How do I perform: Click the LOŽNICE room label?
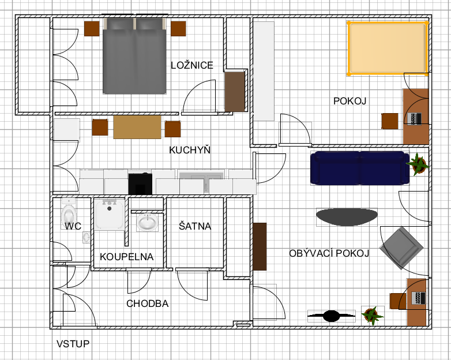point(192,65)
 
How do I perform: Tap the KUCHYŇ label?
point(190,150)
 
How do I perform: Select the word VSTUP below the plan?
point(73,344)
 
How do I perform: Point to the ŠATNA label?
point(195,226)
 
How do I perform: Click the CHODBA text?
point(147,303)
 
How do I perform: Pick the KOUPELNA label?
point(126,257)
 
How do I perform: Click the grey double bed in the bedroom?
point(134,56)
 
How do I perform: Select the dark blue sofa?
point(360,168)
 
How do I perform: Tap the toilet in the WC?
point(69,213)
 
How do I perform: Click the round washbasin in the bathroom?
point(147,222)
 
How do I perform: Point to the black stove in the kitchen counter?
point(140,184)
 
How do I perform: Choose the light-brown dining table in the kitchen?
point(137,127)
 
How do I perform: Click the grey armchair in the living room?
point(401,247)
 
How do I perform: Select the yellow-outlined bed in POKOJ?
point(388,48)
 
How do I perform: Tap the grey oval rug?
point(347,217)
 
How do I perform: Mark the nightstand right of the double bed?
point(178,28)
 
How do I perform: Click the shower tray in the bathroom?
point(110,215)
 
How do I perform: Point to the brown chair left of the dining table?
point(100,127)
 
